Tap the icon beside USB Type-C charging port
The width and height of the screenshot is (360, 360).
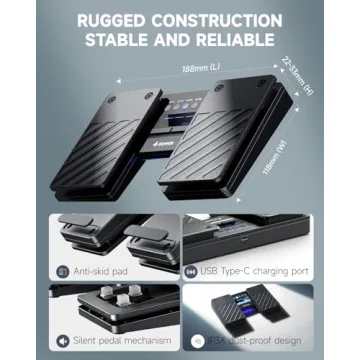189,271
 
